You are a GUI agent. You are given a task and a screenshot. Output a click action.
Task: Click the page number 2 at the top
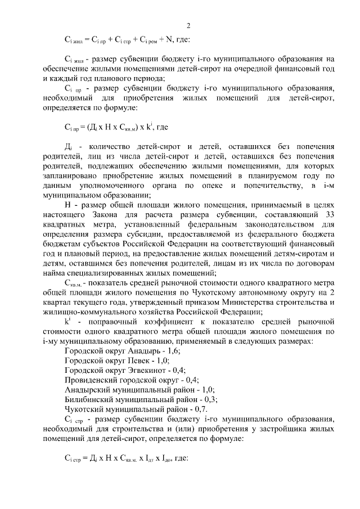188,25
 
